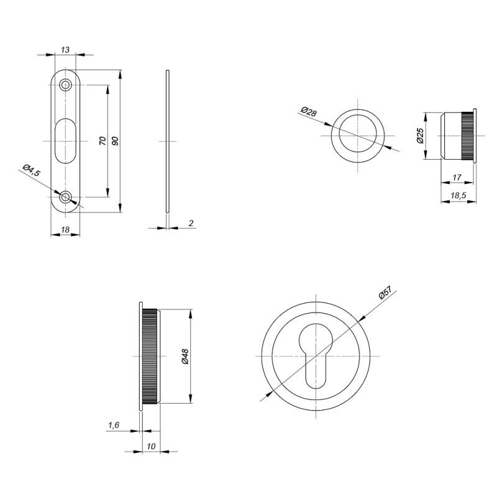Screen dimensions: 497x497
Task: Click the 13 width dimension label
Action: (x=65, y=49)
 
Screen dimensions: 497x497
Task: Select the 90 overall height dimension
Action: (x=114, y=141)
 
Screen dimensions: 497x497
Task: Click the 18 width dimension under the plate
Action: (x=65, y=230)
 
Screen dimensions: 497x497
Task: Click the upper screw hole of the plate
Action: (x=65, y=84)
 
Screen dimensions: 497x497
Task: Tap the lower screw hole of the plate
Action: (x=65, y=198)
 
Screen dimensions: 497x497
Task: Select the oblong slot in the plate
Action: (x=65, y=141)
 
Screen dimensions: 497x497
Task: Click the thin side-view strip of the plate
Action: (x=166, y=141)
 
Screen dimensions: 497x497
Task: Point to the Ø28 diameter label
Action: (x=308, y=112)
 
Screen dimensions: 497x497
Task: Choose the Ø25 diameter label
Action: (x=420, y=135)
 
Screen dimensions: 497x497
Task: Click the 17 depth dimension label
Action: (x=457, y=178)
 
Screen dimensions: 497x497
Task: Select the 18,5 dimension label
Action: (x=458, y=196)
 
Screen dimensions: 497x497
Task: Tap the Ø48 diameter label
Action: (x=185, y=355)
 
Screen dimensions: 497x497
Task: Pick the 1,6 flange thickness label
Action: (x=114, y=425)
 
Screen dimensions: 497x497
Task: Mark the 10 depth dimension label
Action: (x=150, y=446)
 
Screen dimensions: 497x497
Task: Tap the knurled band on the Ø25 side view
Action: (x=467, y=135)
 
